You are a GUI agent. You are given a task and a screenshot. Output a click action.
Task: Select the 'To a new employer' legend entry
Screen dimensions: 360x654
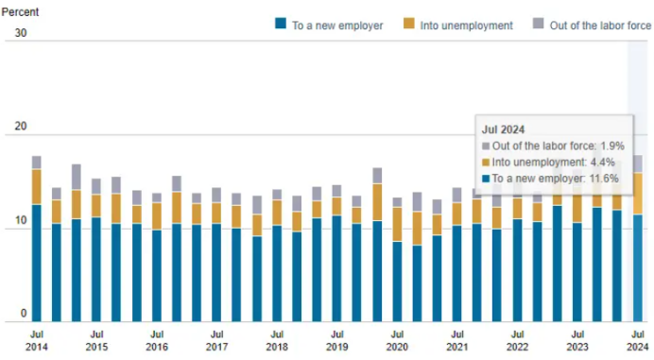coord(336,26)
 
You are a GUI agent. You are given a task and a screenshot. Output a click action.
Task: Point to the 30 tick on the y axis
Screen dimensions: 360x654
coord(21,34)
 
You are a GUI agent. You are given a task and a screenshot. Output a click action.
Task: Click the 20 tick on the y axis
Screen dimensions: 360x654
coord(21,128)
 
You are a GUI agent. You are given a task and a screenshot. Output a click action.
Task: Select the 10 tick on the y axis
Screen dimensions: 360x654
coord(21,221)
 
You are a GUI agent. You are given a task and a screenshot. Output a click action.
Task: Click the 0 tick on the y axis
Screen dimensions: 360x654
coord(25,315)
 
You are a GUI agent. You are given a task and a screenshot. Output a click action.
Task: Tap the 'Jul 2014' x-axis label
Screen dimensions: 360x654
coord(36,340)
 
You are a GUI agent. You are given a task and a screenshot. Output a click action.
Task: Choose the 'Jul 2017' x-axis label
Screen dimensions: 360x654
coord(216,340)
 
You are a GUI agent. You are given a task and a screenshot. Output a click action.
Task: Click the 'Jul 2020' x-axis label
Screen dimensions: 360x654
coord(397,340)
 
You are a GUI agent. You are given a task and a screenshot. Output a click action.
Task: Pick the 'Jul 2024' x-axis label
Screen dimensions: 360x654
coord(638,340)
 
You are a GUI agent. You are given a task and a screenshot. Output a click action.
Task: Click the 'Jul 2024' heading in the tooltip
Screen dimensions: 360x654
coord(504,129)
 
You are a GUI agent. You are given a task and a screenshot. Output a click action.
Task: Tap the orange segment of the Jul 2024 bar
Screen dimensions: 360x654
coord(638,194)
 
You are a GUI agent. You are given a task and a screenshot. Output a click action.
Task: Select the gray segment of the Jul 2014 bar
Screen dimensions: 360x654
coord(36,163)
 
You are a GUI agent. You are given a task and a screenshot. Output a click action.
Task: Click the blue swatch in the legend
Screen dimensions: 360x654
coord(280,26)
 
